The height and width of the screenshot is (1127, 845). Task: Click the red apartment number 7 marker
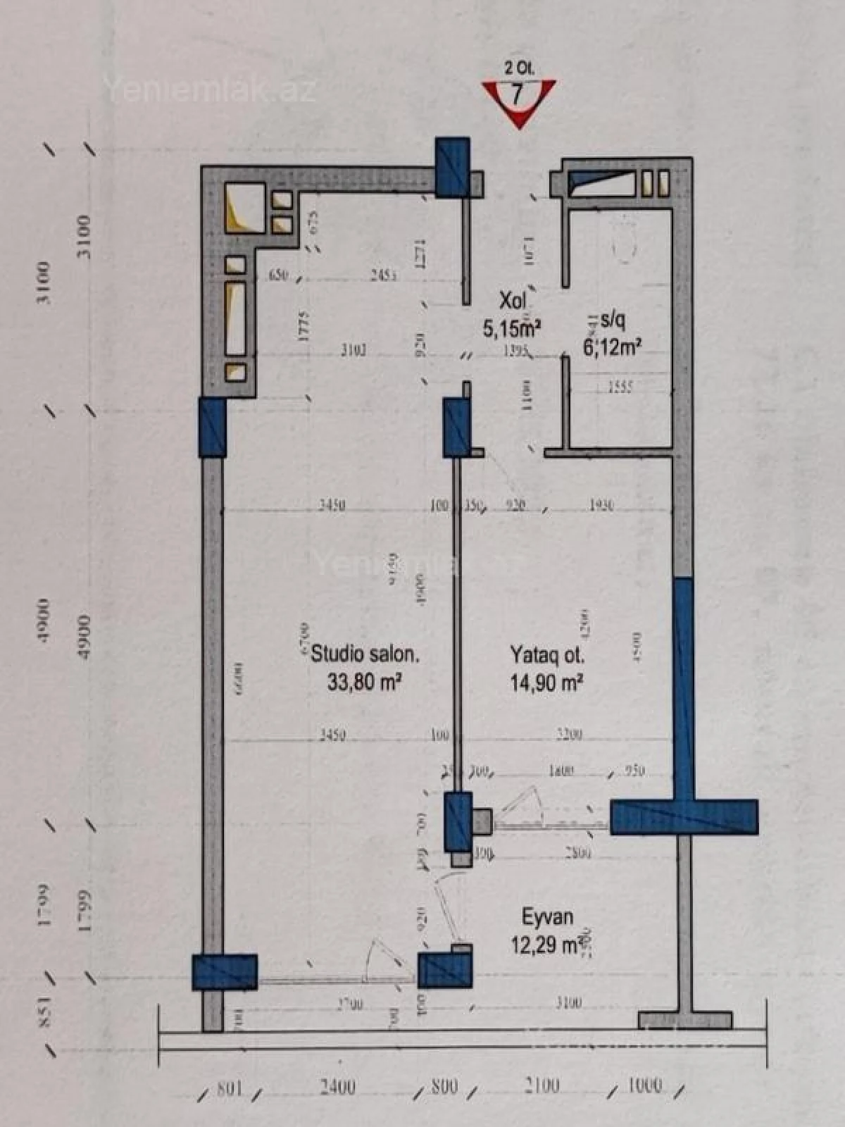519,99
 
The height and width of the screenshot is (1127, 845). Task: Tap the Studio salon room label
365,654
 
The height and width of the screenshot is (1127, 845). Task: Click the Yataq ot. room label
547,655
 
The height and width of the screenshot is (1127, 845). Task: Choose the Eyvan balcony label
547,917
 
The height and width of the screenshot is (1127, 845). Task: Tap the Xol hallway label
512,301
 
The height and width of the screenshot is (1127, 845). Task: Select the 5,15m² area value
511,328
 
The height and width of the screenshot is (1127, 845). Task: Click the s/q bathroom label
611,320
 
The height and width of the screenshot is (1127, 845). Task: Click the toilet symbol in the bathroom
624,243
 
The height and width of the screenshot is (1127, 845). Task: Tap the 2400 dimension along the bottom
337,1087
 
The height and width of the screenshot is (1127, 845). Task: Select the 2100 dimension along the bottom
542,1085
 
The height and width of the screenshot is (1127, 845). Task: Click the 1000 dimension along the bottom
644,1085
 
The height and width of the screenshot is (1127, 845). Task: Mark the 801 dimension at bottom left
230,1088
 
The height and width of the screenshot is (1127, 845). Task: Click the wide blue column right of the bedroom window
683,817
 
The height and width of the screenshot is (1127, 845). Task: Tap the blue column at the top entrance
452,166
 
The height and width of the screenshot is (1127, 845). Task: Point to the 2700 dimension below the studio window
349,1004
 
